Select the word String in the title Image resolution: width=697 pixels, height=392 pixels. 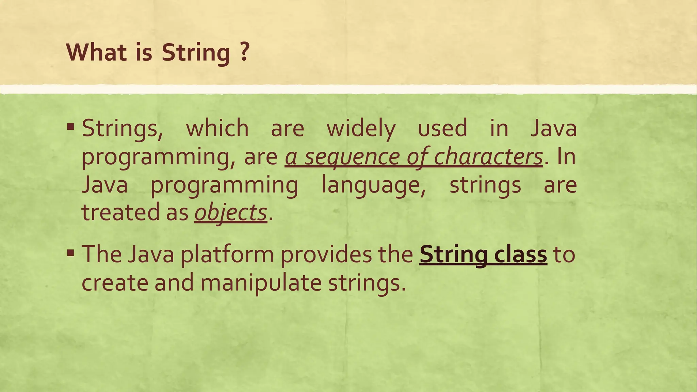[196, 53]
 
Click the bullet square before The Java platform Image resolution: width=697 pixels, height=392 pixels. [70, 253]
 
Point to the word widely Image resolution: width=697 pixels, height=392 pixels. [361, 129]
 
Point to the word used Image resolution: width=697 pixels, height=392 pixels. [442, 128]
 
